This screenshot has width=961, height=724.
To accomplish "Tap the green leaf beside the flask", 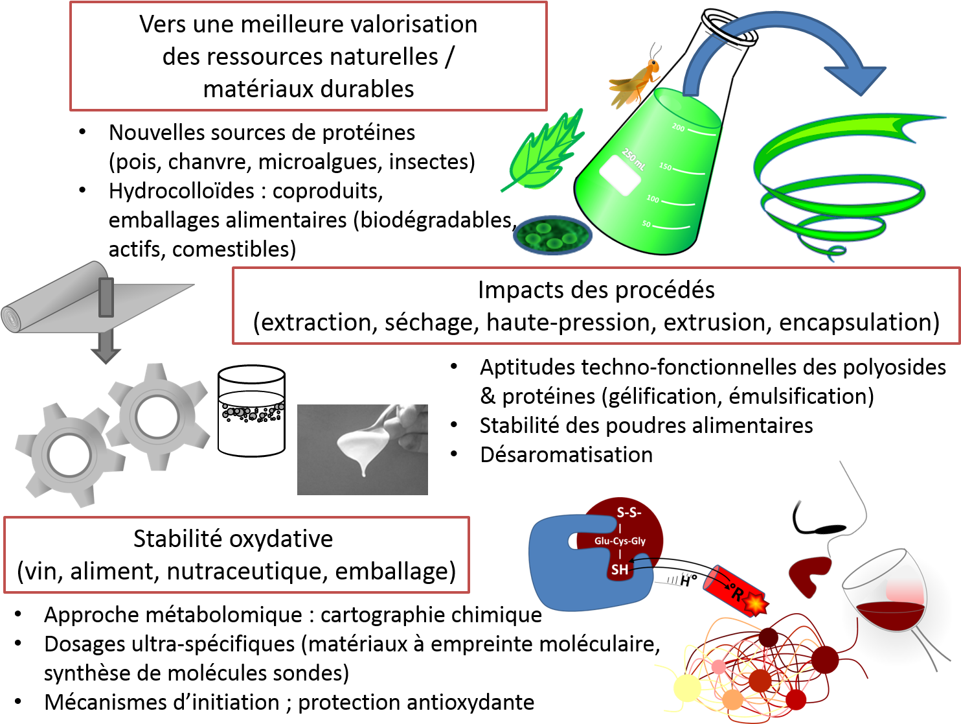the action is pos(543,151).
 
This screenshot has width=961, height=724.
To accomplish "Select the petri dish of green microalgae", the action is pos(552,235).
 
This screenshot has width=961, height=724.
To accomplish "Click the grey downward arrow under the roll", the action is pos(106,345).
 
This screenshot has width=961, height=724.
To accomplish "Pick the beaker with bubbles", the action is pos(251,411).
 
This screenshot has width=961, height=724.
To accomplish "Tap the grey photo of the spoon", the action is pos(363,450).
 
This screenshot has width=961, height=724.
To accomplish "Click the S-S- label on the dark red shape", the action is pos(629,512).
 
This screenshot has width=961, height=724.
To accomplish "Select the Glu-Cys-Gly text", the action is pos(620,541).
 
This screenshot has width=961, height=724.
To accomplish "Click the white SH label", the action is pos(620,570).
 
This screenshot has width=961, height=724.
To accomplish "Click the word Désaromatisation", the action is pos(566,454).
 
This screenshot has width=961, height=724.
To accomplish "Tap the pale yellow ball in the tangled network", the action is pos(687,688).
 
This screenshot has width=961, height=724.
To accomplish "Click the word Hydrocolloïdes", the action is pos(181,191).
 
